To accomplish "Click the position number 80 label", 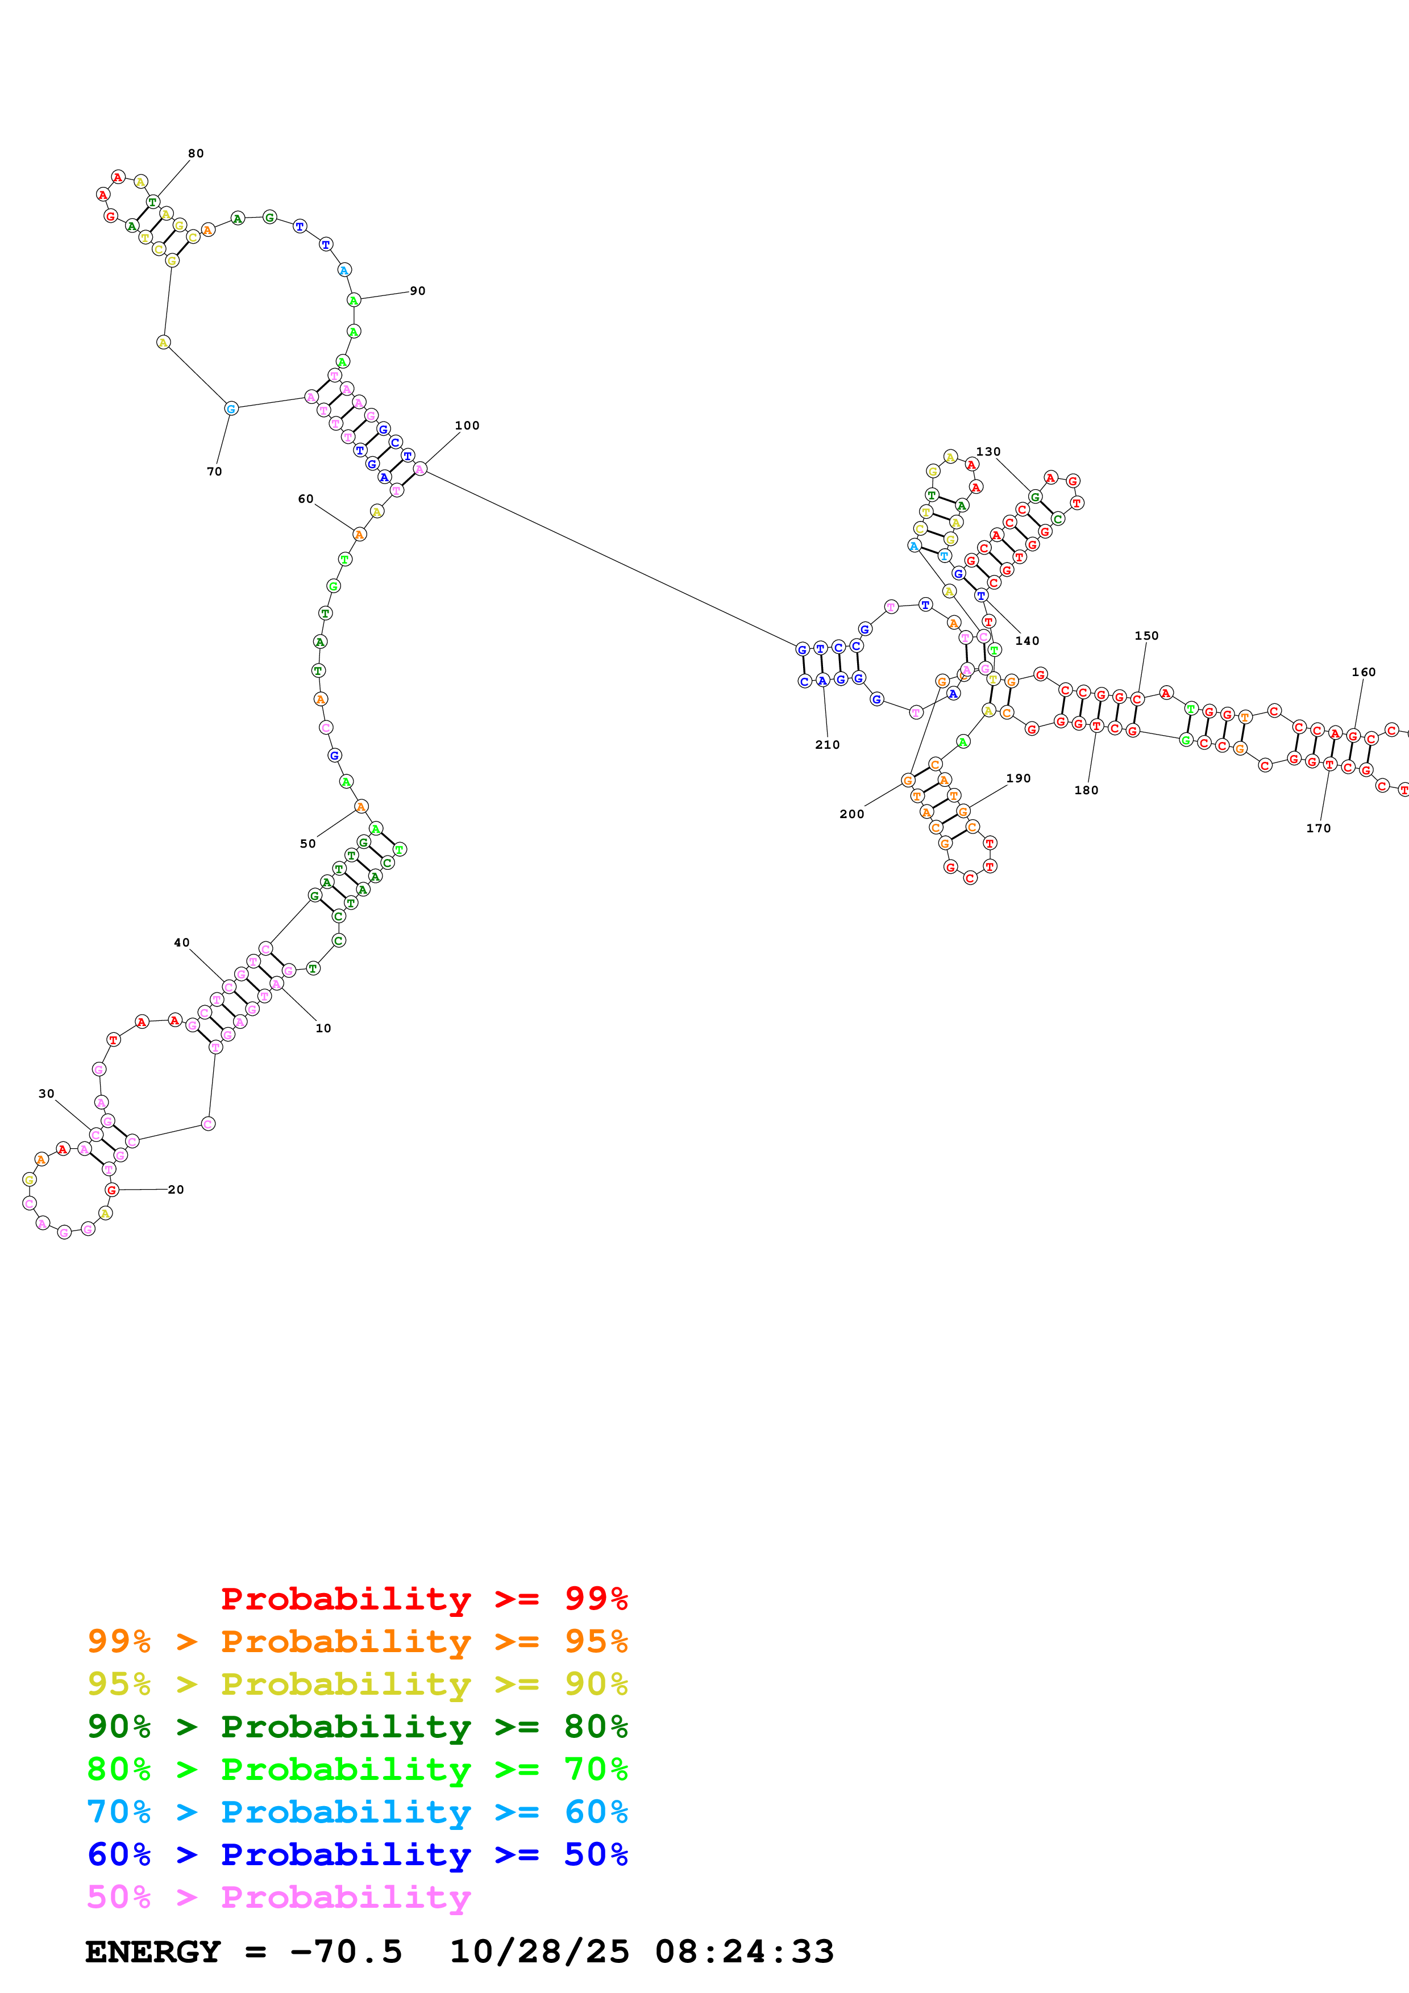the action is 196,153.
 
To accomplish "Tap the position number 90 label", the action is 418,291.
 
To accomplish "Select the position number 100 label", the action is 467,426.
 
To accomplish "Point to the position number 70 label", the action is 214,472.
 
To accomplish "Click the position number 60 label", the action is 306,499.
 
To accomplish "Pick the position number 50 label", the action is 308,844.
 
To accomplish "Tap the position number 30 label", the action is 47,1094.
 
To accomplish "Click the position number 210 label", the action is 828,745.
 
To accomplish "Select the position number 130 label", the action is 988,451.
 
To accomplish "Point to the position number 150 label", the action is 1147,635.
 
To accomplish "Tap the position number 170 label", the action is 1319,828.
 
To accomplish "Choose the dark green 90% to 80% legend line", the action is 357,1727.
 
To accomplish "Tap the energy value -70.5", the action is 346,1952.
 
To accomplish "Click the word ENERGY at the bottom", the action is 153,1952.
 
